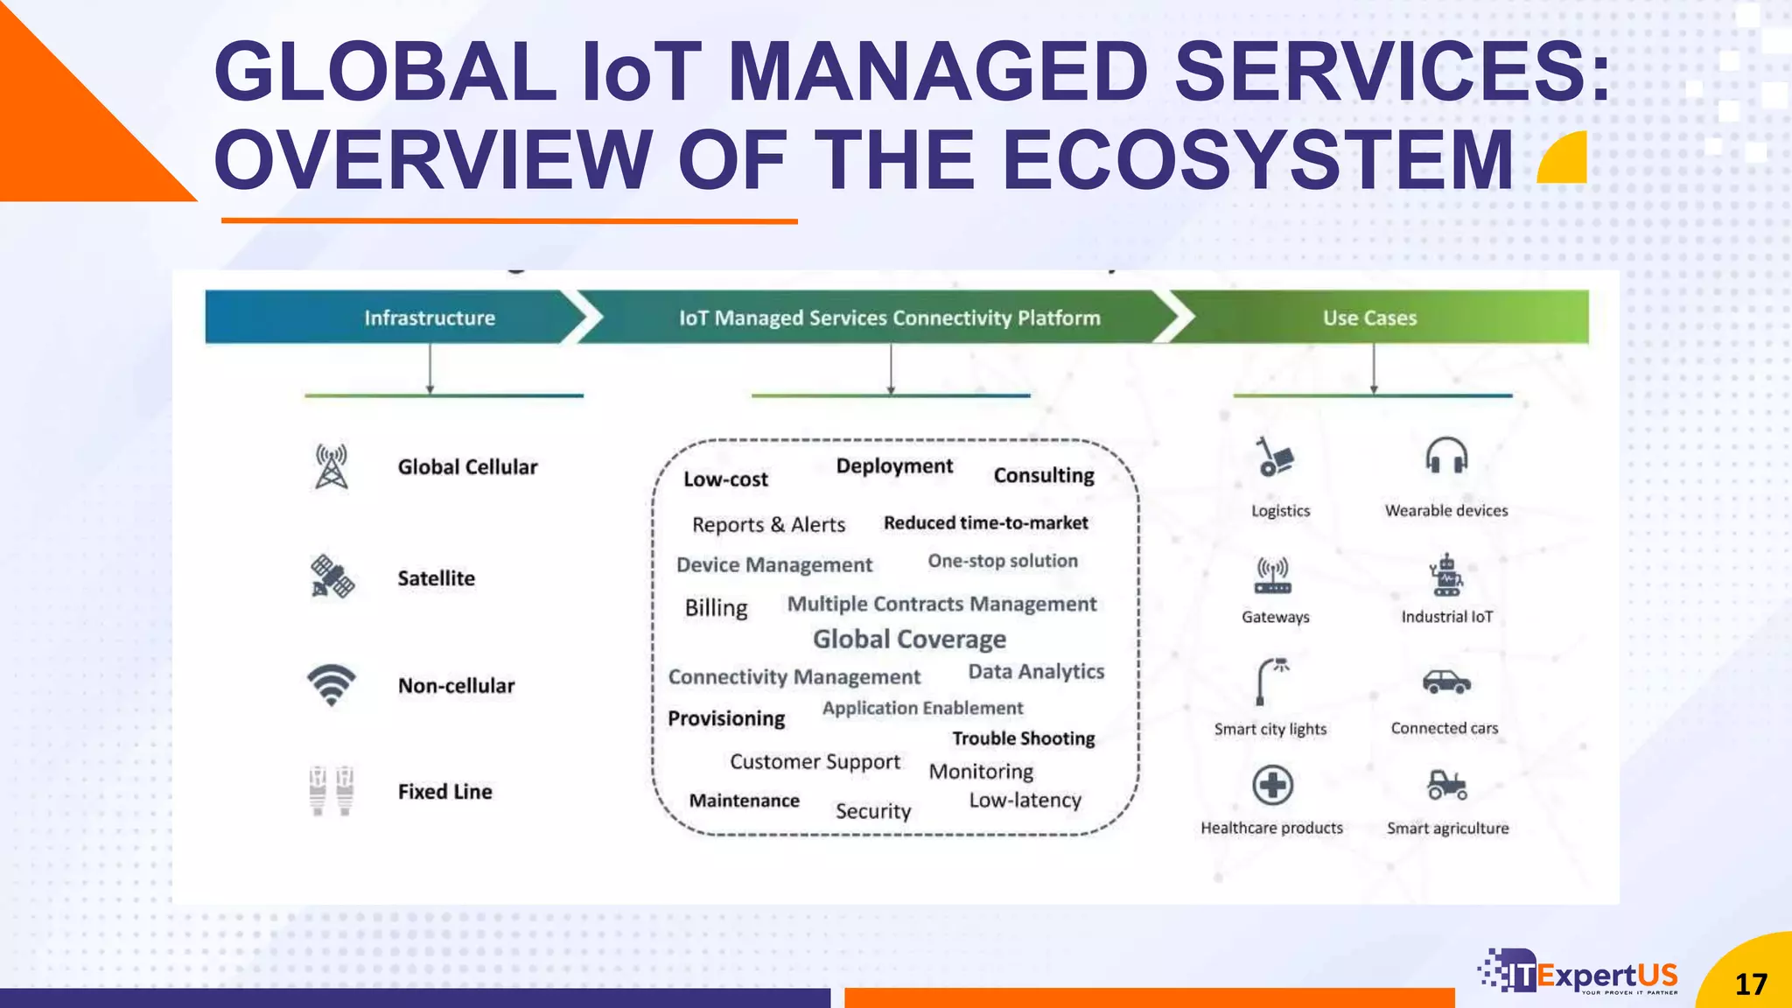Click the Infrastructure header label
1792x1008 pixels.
tap(430, 318)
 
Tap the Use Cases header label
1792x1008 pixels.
tap(1369, 318)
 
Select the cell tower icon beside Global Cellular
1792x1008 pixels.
tap(332, 466)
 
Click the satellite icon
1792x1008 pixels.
tap(332, 577)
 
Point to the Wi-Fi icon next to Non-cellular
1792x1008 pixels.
tap(332, 684)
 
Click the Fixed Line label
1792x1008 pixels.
tap(444, 791)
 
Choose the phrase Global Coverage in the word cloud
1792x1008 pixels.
tap(909, 640)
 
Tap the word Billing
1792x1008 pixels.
tap(716, 607)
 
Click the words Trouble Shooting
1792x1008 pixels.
tap(1023, 738)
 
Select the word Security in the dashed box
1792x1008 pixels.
tap(872, 811)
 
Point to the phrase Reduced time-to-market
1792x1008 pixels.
tap(985, 523)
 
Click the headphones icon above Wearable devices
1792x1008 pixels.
tap(1446, 456)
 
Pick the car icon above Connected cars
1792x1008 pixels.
tap(1445, 682)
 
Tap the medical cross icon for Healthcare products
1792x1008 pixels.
tap(1272, 785)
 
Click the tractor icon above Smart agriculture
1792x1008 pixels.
tap(1447, 785)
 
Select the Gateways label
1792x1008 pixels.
tap(1275, 617)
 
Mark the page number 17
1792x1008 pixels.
tap(1751, 984)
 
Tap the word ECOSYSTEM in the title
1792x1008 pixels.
tap(1257, 159)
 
